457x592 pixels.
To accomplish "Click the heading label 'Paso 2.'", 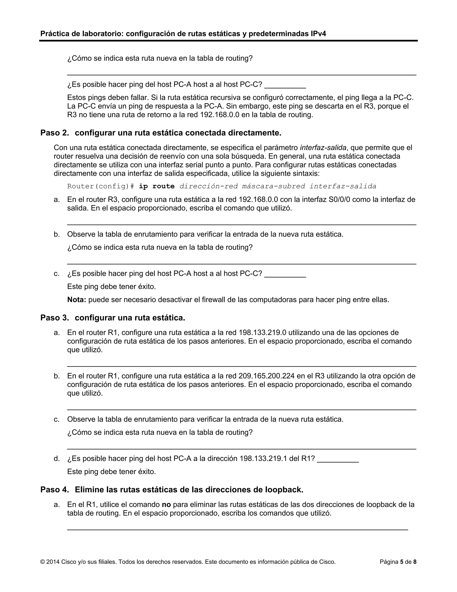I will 54,133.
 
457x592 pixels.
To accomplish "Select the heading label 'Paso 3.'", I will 54,318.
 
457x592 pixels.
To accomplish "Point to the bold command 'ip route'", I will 157,186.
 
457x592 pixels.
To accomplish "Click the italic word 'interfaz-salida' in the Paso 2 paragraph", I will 323,148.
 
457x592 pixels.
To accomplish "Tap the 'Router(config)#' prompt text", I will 100,186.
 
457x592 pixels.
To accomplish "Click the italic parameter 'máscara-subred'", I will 273,186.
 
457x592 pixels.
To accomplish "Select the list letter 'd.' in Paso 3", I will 57,458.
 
